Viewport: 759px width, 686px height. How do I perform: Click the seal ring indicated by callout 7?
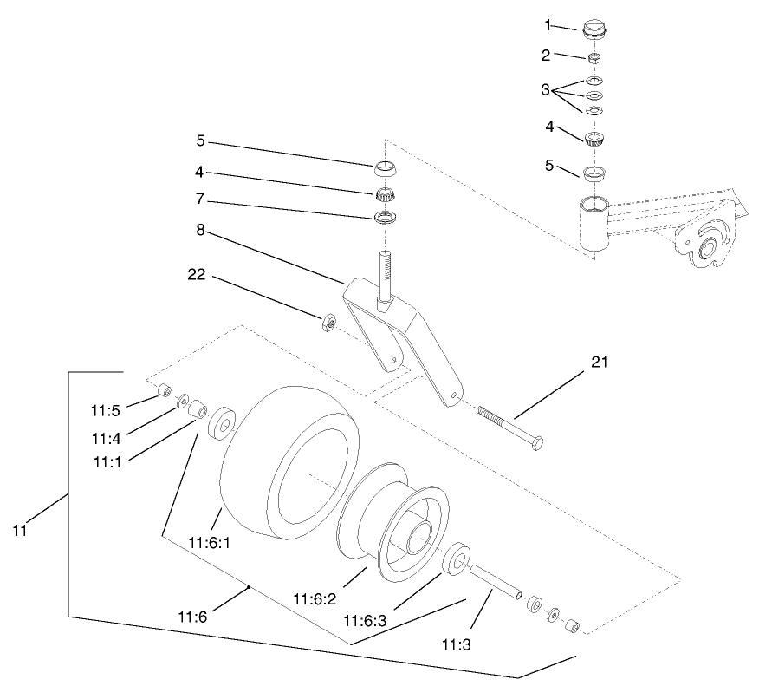pos(386,215)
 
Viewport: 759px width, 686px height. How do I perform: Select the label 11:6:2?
pos(315,598)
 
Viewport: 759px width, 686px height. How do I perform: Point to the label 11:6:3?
pos(365,620)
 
